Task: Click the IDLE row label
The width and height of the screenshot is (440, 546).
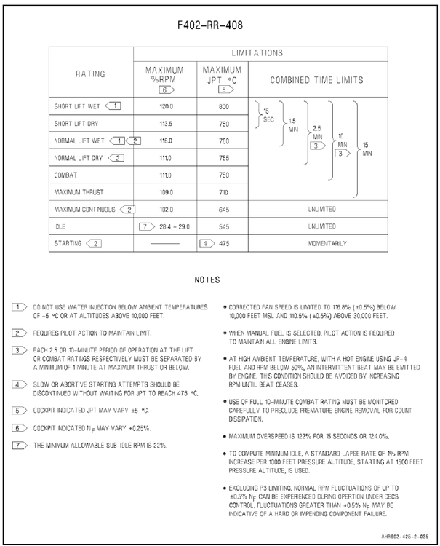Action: click(60, 226)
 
